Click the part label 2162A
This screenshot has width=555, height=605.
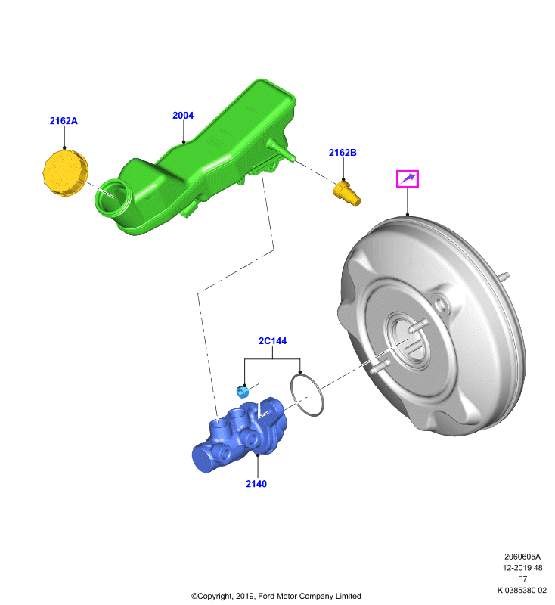click(x=64, y=121)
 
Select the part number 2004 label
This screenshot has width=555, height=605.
click(x=183, y=116)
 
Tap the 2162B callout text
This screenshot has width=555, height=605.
click(x=343, y=153)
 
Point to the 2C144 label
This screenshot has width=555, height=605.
click(x=272, y=341)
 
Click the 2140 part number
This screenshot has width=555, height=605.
click(x=256, y=484)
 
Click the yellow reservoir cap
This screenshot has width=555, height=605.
click(x=65, y=173)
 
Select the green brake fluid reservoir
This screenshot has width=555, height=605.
click(x=197, y=158)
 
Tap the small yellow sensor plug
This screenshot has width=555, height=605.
click(x=347, y=194)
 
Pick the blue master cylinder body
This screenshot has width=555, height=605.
click(x=240, y=434)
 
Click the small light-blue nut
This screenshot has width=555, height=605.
click(x=243, y=391)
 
